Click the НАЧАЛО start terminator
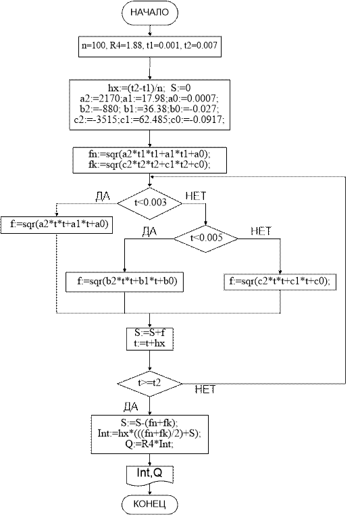click(x=149, y=13)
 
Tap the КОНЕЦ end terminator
click(x=149, y=504)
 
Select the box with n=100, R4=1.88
click(x=149, y=45)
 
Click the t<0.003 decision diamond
click(x=149, y=203)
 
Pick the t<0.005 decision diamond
click(x=206, y=238)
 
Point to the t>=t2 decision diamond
click(x=149, y=383)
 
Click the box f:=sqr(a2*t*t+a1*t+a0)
click(x=57, y=225)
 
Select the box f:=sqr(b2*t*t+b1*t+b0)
click(x=124, y=282)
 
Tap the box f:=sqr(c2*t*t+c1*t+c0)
click(x=280, y=282)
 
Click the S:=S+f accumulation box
click(x=149, y=339)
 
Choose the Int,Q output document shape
click(x=149, y=474)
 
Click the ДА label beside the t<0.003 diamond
click(x=103, y=196)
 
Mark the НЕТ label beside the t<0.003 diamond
click(x=196, y=196)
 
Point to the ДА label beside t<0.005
click(x=149, y=231)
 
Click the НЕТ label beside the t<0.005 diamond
click(x=261, y=230)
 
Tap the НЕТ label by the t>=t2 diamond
click(x=205, y=389)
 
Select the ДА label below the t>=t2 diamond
click(x=130, y=407)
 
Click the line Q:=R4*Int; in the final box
click(x=149, y=445)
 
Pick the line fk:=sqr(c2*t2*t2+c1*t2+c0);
click(x=149, y=165)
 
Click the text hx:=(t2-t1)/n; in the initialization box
click(x=136, y=88)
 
